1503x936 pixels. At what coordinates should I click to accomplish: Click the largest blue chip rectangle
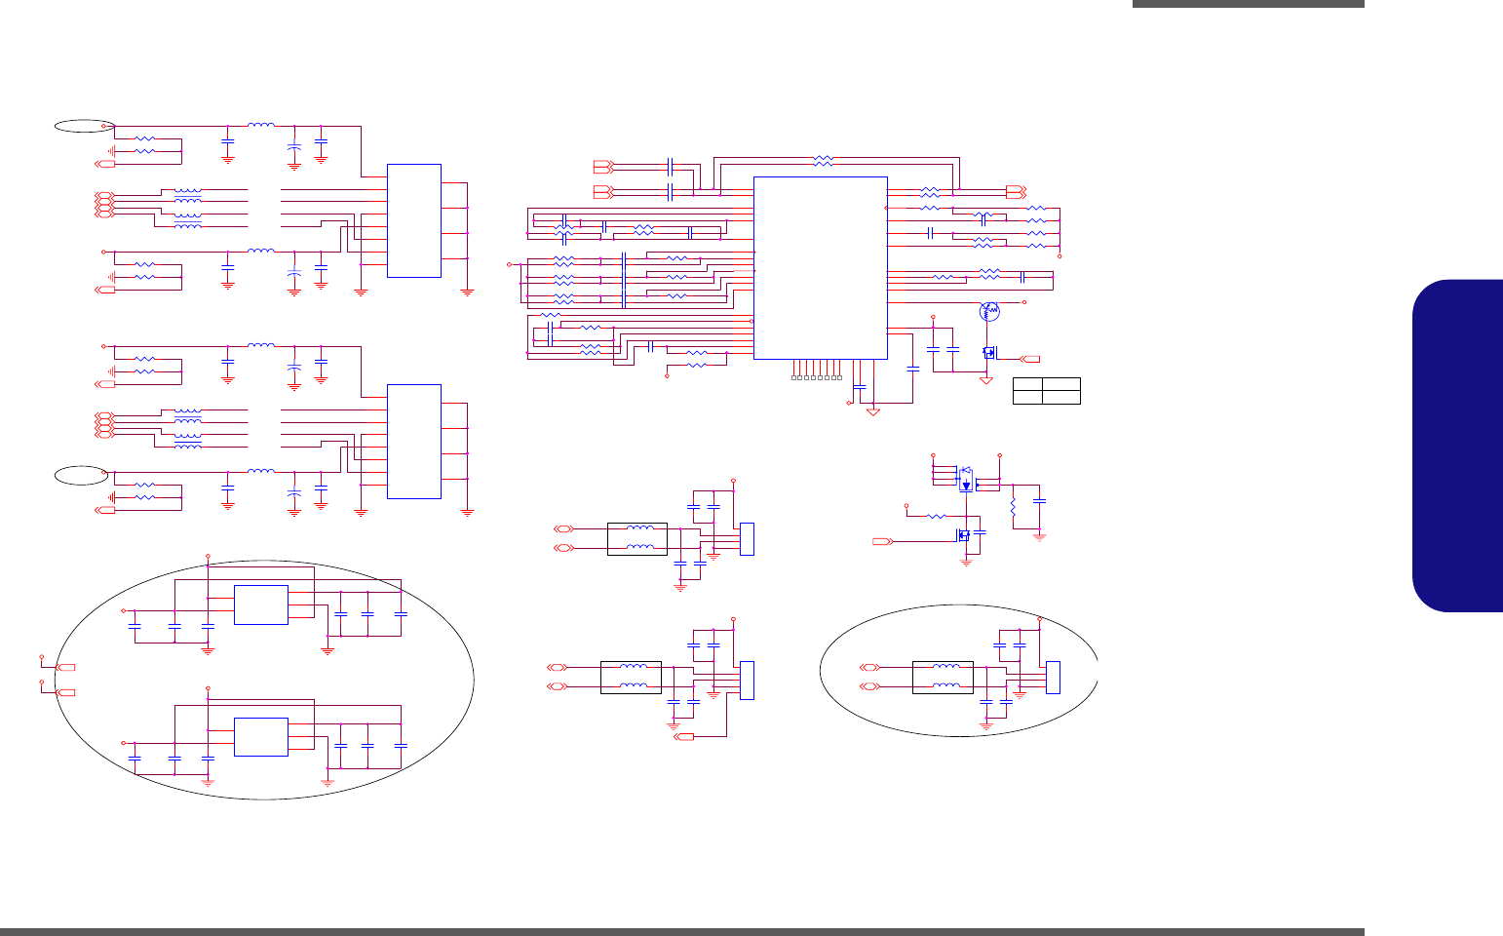click(x=820, y=267)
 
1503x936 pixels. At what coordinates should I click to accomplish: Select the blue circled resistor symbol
click(x=989, y=311)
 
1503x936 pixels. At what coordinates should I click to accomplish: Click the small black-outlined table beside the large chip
click(x=1047, y=390)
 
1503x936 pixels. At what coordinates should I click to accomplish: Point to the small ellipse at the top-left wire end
click(x=84, y=125)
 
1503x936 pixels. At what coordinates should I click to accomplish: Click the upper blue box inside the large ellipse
click(x=260, y=604)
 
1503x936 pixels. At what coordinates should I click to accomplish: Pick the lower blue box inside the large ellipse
click(x=260, y=736)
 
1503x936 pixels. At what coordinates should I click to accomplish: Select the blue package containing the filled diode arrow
click(x=966, y=481)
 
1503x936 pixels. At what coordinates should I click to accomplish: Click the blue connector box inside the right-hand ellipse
click(x=1053, y=678)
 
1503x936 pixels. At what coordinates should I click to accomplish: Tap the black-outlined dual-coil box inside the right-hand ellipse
click(x=943, y=678)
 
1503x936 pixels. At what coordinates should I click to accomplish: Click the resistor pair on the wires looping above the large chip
click(x=824, y=160)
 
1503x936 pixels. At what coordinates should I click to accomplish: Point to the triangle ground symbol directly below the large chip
click(x=873, y=412)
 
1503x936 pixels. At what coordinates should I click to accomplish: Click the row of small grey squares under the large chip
click(x=817, y=376)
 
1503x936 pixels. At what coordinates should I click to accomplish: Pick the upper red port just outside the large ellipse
click(x=67, y=667)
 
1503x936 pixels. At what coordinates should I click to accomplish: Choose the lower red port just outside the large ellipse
click(x=67, y=692)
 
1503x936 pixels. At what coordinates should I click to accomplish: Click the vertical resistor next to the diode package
click(x=1014, y=506)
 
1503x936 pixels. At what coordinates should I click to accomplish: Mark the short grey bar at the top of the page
click(x=1248, y=4)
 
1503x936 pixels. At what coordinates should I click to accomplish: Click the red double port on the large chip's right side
click(x=1015, y=192)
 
